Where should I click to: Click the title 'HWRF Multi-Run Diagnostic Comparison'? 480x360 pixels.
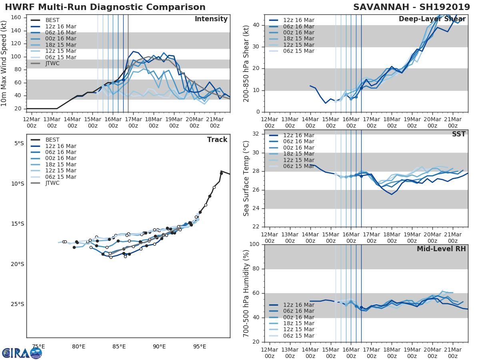[x=105, y=7]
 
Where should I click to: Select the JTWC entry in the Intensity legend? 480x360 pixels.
[x=52, y=64]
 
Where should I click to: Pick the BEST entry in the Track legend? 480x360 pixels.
[x=52, y=140]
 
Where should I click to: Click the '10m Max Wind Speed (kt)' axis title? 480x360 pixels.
[x=4, y=63]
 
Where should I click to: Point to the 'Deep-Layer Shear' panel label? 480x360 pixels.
[x=432, y=19]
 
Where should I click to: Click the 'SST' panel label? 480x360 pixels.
[x=458, y=134]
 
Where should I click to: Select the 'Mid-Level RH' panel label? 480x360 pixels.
[x=441, y=249]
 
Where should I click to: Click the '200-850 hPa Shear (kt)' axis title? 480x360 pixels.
[x=246, y=63]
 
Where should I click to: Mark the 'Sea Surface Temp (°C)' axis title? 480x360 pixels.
[x=246, y=178]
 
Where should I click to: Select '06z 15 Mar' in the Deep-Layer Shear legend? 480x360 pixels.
[x=298, y=51]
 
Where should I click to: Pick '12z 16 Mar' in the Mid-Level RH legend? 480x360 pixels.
[x=298, y=305]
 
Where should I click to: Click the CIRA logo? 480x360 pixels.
[x=22, y=353]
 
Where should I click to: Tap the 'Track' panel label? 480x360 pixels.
[x=217, y=140]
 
